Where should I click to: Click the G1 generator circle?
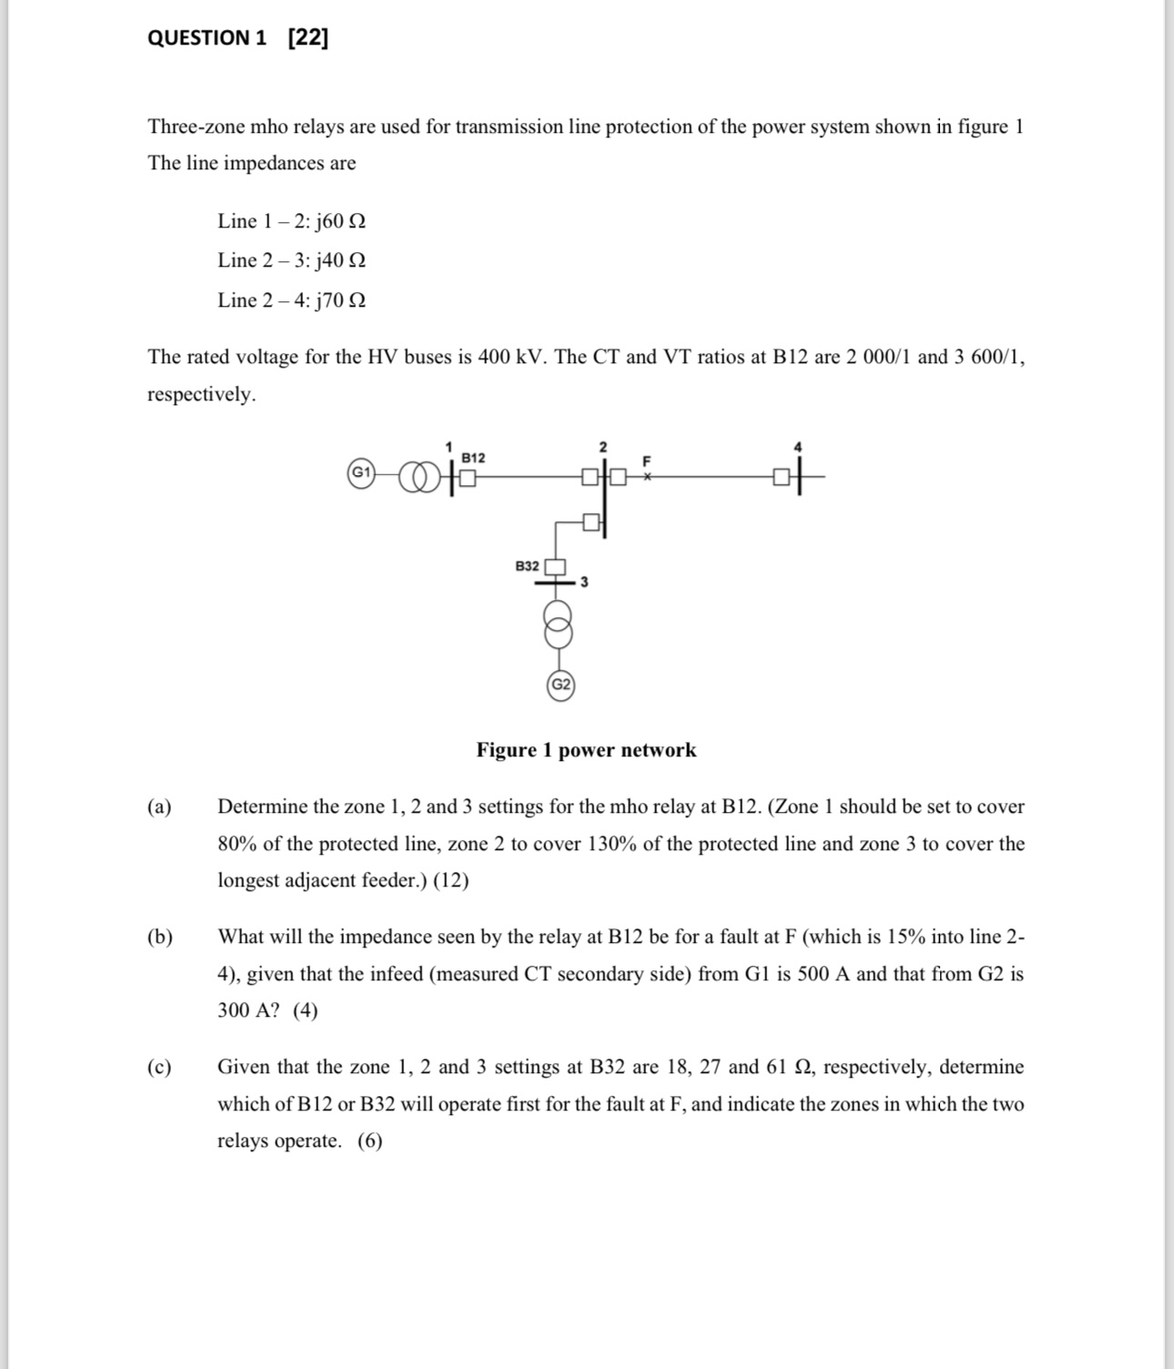(361, 472)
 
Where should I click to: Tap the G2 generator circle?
(561, 684)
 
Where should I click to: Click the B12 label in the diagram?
(473, 457)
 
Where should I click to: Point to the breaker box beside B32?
(555, 567)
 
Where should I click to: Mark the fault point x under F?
(647, 475)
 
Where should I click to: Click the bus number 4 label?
(798, 446)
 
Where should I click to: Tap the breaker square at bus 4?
(781, 475)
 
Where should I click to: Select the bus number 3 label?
(584, 583)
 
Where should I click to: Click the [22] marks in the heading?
(308, 38)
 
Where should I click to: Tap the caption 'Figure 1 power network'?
(586, 750)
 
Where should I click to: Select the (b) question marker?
(160, 937)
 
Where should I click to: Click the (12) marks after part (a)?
(451, 880)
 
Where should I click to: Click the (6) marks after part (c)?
(369, 1141)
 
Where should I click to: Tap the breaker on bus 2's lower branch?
(592, 522)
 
